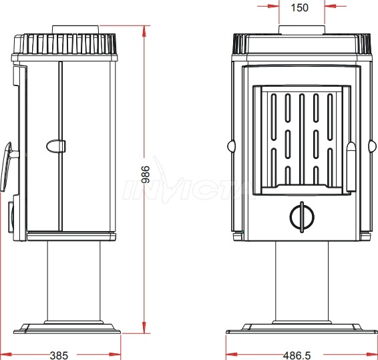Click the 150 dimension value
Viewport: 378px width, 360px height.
pos(299,8)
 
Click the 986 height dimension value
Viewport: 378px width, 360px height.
pos(146,174)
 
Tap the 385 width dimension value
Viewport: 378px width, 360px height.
pos(59,355)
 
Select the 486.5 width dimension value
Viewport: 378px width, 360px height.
pos(297,355)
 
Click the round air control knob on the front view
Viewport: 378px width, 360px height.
pos(302,217)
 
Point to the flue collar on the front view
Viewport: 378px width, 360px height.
pos(302,30)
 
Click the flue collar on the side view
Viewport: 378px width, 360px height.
pos(75,29)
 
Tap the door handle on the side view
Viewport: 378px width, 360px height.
pos(7,166)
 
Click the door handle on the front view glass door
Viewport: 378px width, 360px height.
pos(351,167)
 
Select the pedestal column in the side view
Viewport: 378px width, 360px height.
pos(73,281)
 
